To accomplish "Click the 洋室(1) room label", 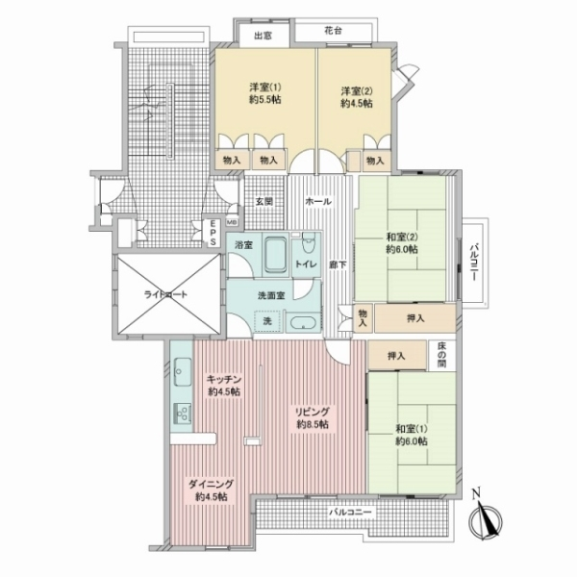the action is (x=265, y=88).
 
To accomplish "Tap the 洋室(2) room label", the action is (x=356, y=91).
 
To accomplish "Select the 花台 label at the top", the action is (x=333, y=31).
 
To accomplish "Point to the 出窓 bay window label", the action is (x=263, y=36).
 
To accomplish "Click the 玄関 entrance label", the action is (x=264, y=201).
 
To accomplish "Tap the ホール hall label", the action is (x=318, y=201).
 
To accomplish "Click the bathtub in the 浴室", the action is (x=275, y=255).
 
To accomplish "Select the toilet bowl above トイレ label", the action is (x=308, y=242).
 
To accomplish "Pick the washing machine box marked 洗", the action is (x=267, y=321).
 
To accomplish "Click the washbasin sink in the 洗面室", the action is (x=303, y=323).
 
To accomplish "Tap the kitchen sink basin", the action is (x=183, y=371).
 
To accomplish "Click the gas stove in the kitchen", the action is (x=183, y=414).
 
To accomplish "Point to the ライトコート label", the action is (x=165, y=294).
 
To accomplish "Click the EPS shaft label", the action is (x=213, y=233).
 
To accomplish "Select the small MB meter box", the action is (x=232, y=222).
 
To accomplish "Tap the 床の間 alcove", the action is (x=442, y=355).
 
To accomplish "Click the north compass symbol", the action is (x=485, y=519).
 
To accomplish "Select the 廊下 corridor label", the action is (x=338, y=263).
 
